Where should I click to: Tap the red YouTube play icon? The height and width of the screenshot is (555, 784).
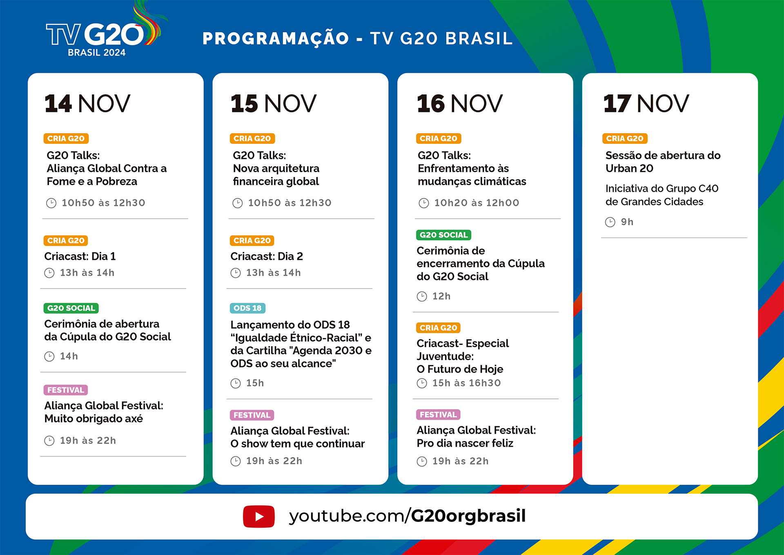(x=259, y=517)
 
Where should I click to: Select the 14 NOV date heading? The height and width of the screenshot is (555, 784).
(x=87, y=103)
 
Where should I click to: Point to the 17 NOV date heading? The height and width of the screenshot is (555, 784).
(x=646, y=103)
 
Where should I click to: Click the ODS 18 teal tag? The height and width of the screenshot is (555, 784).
(x=247, y=308)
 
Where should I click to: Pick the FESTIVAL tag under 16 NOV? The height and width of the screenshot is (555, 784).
(x=438, y=414)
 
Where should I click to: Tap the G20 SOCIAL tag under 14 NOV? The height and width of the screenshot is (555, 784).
(x=71, y=308)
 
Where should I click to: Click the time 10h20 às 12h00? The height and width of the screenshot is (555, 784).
(x=477, y=203)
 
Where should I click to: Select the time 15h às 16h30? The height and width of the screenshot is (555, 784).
(x=466, y=383)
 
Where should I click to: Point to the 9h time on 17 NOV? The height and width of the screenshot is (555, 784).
(x=627, y=222)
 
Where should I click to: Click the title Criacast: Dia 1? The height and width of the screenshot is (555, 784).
(x=80, y=256)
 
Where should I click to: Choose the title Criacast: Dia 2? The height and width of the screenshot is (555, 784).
(x=267, y=256)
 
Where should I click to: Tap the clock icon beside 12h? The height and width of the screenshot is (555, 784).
(x=422, y=296)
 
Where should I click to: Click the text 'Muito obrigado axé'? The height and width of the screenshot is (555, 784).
(x=94, y=419)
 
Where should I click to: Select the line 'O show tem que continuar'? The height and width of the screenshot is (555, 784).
(x=298, y=444)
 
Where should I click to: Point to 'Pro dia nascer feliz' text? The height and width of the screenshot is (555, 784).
(x=465, y=443)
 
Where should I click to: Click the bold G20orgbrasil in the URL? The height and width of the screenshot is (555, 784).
(x=468, y=516)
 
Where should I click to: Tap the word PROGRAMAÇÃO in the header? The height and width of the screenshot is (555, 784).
(x=276, y=39)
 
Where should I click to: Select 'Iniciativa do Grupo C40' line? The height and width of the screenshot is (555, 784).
(x=662, y=188)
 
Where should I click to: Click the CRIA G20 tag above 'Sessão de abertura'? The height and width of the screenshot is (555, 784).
(x=625, y=139)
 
